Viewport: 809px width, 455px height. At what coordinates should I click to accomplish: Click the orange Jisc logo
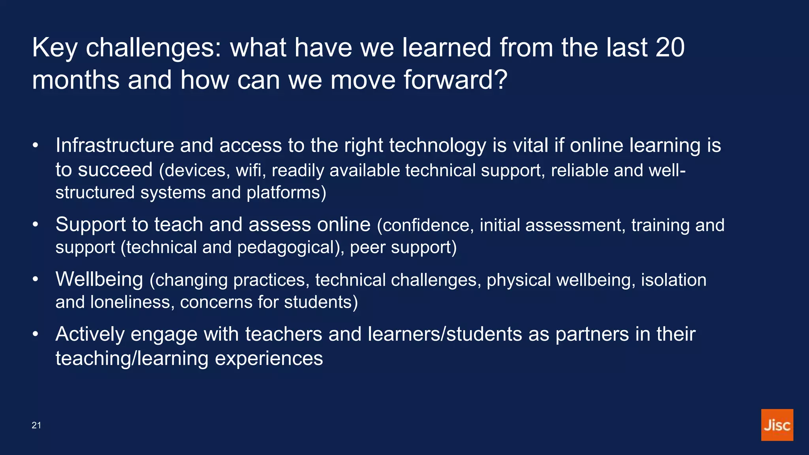click(x=777, y=425)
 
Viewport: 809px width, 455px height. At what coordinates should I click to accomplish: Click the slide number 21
click(x=36, y=425)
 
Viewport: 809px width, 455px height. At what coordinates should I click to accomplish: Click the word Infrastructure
click(x=115, y=145)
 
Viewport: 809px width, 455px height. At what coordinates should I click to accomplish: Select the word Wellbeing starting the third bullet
click(x=99, y=279)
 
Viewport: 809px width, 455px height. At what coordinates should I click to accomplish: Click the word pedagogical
click(x=286, y=248)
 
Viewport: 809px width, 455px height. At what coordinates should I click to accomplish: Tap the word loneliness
click(x=132, y=302)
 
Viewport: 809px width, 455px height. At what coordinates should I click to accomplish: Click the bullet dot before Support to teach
click(x=36, y=225)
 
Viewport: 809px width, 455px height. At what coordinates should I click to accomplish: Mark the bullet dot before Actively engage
click(x=36, y=335)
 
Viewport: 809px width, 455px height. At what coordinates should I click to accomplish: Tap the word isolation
click(x=673, y=280)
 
